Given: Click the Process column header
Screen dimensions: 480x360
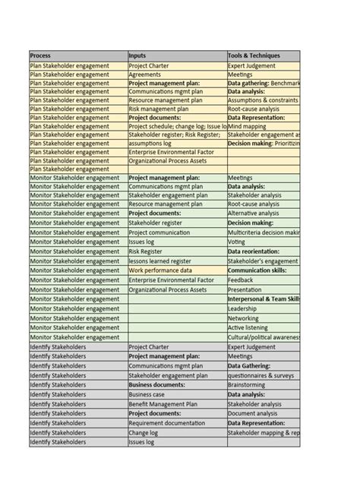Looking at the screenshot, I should (x=77, y=56).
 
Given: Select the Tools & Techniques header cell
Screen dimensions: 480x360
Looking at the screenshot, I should (x=264, y=56).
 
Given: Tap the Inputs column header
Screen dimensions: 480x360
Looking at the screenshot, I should (x=176, y=56).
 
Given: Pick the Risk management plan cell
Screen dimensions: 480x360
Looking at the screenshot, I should (x=176, y=109).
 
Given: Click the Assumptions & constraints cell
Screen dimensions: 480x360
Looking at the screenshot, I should (x=264, y=99).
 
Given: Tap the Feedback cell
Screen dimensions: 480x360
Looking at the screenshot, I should (x=264, y=279).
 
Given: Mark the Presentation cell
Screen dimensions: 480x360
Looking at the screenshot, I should (x=264, y=289).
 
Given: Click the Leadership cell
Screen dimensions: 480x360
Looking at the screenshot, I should (x=264, y=309).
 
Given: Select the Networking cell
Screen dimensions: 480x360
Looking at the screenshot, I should (x=264, y=318).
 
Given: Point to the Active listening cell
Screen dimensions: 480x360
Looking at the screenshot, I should (x=264, y=328).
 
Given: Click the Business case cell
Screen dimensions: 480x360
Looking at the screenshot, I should (x=176, y=394).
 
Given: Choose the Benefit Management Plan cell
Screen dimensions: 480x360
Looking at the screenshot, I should (x=176, y=404).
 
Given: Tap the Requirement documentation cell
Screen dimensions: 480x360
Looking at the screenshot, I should (x=176, y=423).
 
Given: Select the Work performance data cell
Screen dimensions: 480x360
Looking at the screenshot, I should (x=176, y=270).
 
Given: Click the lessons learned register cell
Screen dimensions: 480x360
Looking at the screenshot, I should (x=176, y=261).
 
